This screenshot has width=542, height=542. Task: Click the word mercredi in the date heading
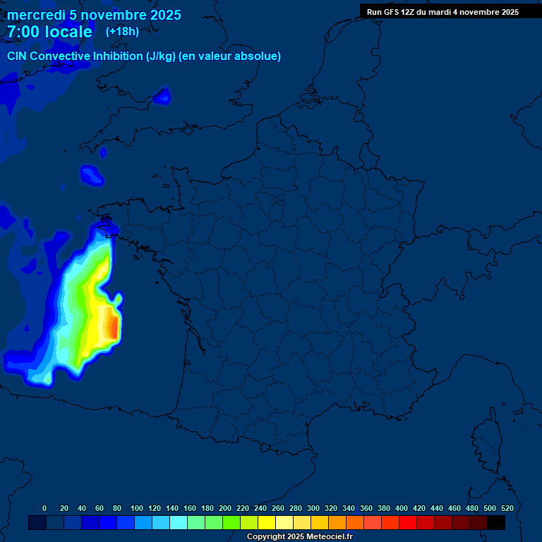tap(36, 15)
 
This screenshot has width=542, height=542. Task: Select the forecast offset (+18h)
tap(122, 31)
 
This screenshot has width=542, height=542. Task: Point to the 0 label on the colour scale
tap(44, 508)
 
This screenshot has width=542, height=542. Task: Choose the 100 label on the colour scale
tap(137, 508)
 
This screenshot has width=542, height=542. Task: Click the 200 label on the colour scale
tap(225, 508)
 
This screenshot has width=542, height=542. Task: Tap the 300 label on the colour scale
tap(313, 508)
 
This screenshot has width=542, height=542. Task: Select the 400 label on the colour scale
tap(402, 508)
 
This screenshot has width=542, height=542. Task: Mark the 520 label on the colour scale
tap(507, 508)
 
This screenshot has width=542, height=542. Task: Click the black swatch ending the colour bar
tap(496, 522)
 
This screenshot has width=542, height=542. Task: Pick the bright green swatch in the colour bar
tap(231, 522)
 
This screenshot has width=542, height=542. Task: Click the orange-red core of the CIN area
tap(112, 326)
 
